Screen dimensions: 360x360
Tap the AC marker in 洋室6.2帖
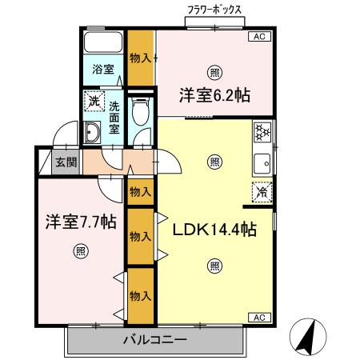259,37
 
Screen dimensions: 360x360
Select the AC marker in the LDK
259,318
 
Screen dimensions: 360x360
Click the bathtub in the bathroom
102,44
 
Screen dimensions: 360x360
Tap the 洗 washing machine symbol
94,102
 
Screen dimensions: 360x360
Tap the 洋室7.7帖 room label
80,222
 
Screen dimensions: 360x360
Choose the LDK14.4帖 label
214,230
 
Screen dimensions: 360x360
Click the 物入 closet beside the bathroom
141,58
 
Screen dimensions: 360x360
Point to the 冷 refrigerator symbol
261,191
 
